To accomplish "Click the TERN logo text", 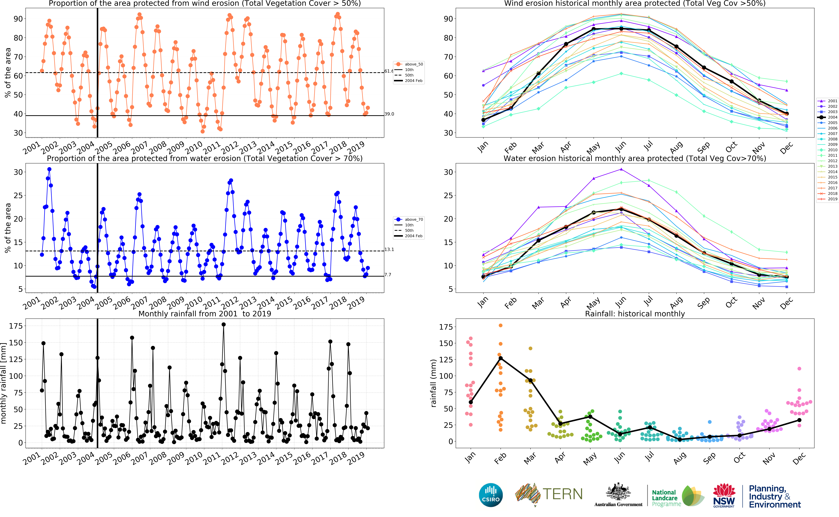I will (562, 494).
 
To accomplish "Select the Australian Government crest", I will (618, 492).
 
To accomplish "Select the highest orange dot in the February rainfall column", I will (501, 325).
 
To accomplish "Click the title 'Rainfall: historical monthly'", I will (635, 314).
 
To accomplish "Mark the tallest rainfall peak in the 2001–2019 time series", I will (224, 324).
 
